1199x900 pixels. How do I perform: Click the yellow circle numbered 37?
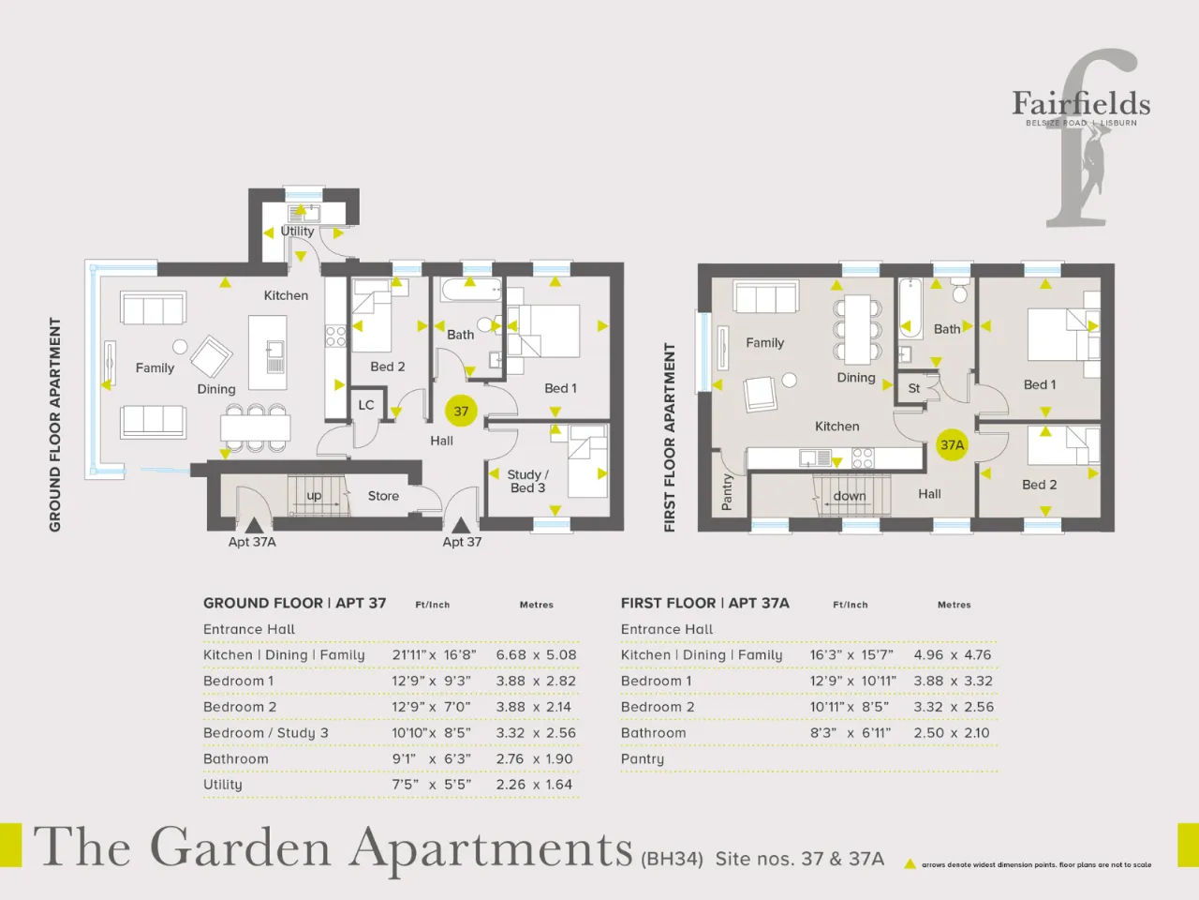[461, 411]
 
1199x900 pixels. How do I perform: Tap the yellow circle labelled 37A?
[952, 444]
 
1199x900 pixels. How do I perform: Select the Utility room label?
[297, 232]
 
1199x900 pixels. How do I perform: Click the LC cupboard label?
[366, 405]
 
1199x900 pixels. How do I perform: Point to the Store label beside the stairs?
[383, 496]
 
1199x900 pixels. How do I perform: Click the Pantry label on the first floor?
[727, 492]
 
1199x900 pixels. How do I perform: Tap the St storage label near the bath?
[914, 388]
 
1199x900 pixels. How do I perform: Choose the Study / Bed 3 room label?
[527, 482]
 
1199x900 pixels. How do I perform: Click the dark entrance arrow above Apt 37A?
[254, 525]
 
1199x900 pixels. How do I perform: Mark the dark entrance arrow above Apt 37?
[461, 525]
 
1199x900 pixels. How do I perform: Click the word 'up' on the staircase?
[314, 496]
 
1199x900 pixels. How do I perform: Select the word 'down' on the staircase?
[850, 496]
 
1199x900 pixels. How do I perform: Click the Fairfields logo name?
[1081, 104]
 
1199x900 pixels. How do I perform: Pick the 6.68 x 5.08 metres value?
[536, 654]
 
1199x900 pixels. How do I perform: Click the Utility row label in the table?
[222, 784]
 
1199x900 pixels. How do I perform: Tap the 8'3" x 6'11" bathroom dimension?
[850, 733]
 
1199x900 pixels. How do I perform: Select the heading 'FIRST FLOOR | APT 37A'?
[704, 603]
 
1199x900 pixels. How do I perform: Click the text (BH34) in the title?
[672, 859]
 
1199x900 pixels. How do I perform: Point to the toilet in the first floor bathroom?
[960, 291]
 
